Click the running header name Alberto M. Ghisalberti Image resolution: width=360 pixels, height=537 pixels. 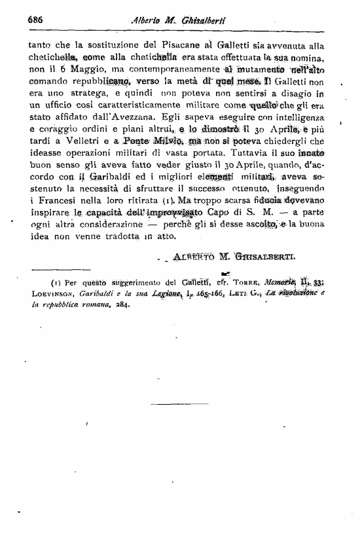(179, 20)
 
